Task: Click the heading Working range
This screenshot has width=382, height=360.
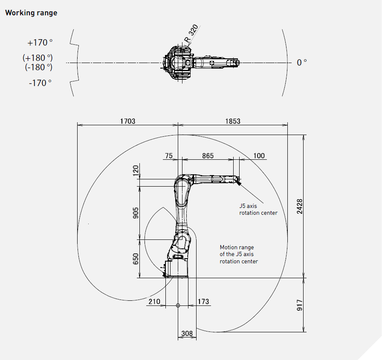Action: [31, 13]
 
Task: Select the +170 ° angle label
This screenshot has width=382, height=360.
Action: [40, 43]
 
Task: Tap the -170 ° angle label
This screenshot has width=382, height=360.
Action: [40, 83]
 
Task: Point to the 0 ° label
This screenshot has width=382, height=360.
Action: [302, 63]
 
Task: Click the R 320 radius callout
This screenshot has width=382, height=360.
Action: [191, 35]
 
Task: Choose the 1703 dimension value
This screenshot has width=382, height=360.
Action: [127, 121]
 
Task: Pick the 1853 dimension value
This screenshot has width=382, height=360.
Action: [232, 121]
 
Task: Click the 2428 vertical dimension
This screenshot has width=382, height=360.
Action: [299, 207]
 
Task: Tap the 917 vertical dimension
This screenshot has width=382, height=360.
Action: [299, 305]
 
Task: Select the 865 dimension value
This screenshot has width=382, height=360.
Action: [208, 156]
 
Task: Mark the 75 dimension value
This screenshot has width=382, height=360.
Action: [168, 156]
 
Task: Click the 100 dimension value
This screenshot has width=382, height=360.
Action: [259, 156]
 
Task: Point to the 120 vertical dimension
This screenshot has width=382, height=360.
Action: [136, 171]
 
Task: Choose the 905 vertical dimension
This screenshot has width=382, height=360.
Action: [136, 213]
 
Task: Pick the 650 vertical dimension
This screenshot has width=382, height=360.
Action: [136, 259]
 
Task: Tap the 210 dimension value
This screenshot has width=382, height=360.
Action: [154, 302]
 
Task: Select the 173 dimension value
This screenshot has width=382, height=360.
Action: [204, 302]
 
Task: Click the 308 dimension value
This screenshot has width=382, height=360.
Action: [187, 334]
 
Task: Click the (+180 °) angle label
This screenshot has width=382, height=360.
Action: [38, 58]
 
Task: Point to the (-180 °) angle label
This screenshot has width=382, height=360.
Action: [38, 67]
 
